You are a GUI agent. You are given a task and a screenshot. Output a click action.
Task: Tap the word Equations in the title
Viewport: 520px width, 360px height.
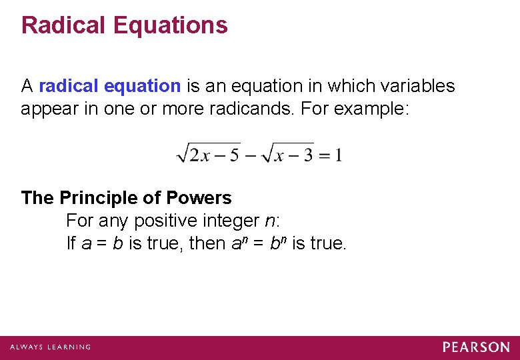click(171, 25)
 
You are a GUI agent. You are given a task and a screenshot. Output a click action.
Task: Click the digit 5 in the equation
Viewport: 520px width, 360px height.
click(233, 155)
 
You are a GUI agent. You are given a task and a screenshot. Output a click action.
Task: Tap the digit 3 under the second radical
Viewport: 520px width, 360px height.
click(307, 155)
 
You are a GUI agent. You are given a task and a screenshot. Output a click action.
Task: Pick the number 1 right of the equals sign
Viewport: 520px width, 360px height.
click(339, 155)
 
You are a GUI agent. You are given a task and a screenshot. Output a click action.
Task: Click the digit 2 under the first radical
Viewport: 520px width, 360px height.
click(194, 155)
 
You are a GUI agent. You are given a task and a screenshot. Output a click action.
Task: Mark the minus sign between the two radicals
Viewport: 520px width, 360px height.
click(252, 155)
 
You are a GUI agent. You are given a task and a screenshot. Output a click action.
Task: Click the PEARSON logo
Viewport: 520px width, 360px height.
click(476, 347)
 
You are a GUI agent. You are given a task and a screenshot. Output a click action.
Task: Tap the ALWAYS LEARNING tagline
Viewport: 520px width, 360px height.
click(50, 347)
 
